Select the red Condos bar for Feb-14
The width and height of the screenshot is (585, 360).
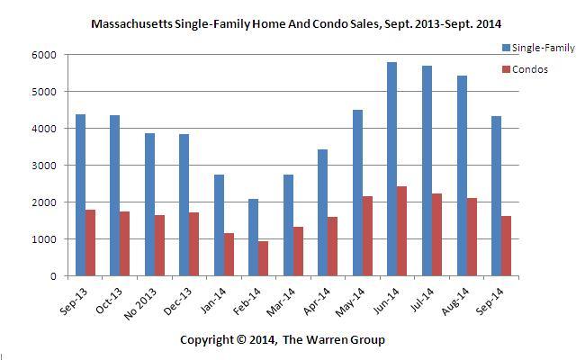(x=263, y=258)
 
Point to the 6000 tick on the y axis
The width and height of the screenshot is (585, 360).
(x=46, y=55)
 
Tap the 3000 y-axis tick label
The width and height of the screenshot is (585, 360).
(x=46, y=166)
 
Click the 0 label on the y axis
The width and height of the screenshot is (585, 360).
(x=53, y=276)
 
